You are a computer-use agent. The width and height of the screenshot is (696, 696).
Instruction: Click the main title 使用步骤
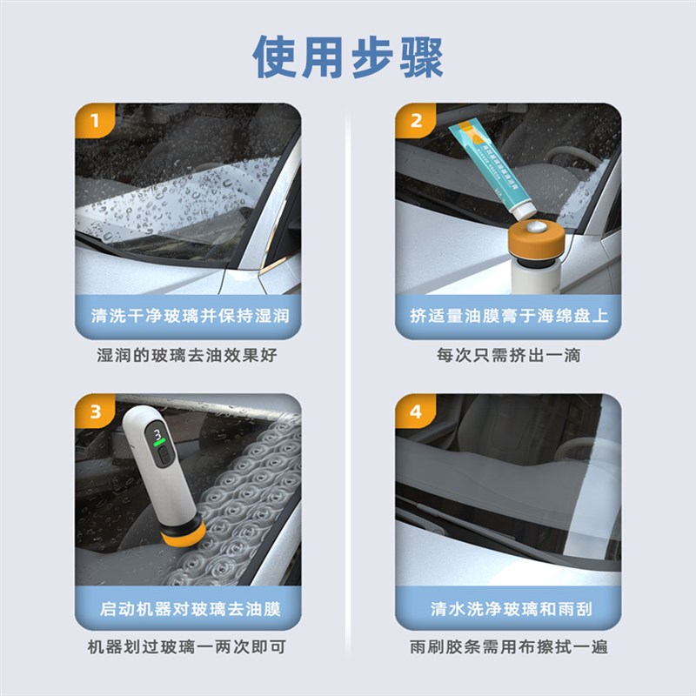tap(348, 57)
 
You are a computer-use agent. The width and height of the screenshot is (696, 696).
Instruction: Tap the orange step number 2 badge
tap(415, 120)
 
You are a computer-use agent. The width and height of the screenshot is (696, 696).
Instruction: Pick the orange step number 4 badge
tap(415, 411)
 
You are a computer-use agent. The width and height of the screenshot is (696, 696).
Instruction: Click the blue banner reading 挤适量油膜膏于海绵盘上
tap(509, 315)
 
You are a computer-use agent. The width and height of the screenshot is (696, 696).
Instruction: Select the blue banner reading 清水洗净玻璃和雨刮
tap(509, 607)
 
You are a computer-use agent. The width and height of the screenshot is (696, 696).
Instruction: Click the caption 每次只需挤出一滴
tap(509, 356)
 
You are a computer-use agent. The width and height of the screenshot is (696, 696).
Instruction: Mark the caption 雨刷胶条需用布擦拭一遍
tap(509, 647)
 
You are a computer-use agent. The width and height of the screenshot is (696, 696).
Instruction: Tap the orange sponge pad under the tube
tap(532, 236)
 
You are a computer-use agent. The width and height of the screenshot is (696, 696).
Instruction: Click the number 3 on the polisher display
tap(157, 432)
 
